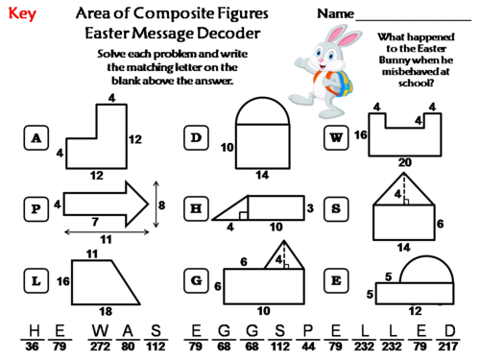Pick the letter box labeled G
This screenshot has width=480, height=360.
click(x=197, y=280)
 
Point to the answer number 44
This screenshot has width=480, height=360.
click(x=309, y=347)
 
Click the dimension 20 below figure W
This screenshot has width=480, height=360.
click(x=404, y=162)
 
